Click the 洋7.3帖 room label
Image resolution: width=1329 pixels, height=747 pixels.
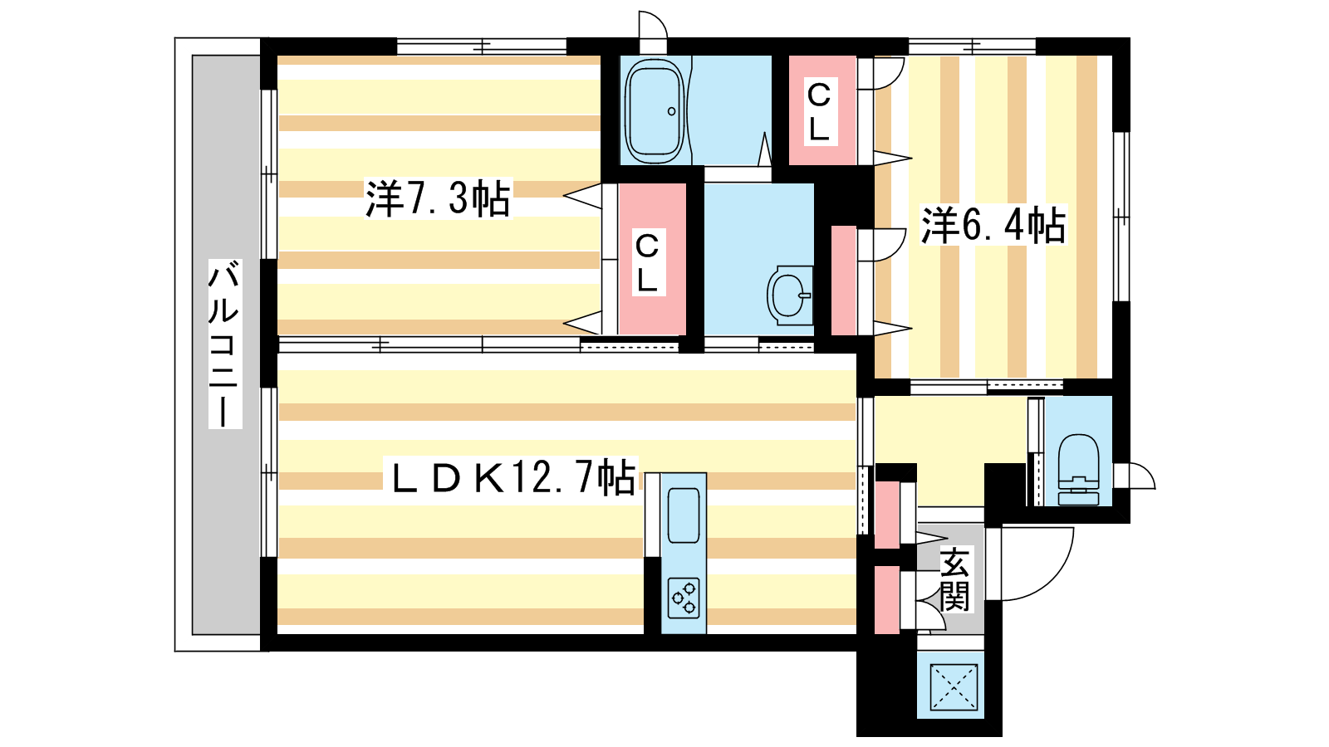pos(438,199)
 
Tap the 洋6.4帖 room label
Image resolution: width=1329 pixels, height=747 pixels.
pos(993,225)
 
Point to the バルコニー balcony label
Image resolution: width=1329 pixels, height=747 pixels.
pos(224,344)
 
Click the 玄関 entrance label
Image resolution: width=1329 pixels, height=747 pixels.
pos(954,580)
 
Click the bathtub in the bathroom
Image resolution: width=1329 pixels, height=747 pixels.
pos(655,110)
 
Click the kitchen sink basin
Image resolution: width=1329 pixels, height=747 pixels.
pos(684,515)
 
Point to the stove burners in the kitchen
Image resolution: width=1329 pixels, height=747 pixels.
pos(684,598)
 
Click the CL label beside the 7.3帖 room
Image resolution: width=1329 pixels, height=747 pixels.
pos(647,262)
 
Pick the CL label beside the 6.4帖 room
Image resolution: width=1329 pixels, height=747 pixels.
pos(819,111)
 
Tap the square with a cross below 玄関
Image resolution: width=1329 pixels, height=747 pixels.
pos(954,686)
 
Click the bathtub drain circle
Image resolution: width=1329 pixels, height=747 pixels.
pos(672,111)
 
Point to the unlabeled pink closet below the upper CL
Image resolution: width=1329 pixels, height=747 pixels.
pos(844,281)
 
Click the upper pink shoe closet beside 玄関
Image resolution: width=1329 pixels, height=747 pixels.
pos(887,515)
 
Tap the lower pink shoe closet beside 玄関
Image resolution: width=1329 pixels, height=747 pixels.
pos(887,600)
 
